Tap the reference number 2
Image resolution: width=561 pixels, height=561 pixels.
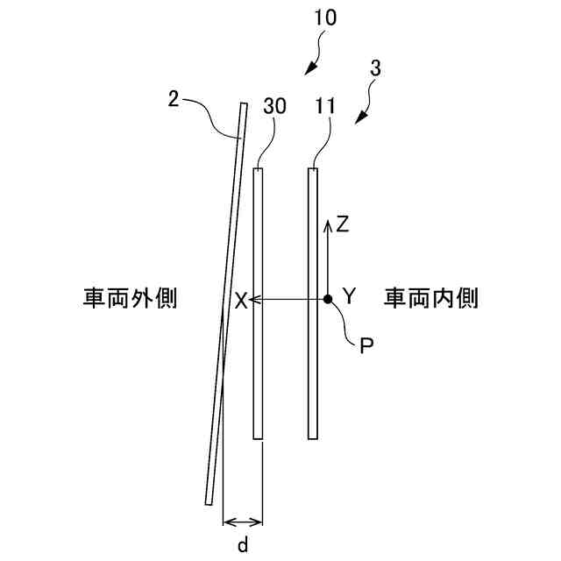click(173, 99)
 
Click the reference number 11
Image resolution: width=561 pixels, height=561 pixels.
click(325, 105)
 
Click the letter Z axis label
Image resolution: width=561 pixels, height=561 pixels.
click(344, 224)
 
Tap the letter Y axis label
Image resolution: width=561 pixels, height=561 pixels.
click(348, 296)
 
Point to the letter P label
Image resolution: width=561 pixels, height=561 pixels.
click(367, 344)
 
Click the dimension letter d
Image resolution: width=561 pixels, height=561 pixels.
click(243, 544)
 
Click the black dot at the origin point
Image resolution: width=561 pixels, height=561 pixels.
click(327, 300)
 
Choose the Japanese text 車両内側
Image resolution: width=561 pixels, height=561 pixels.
click(430, 299)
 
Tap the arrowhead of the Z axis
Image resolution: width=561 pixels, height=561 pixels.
click(327, 224)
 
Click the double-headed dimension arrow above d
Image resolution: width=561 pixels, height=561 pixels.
click(243, 520)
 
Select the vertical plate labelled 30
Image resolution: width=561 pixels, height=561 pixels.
click(258, 302)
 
